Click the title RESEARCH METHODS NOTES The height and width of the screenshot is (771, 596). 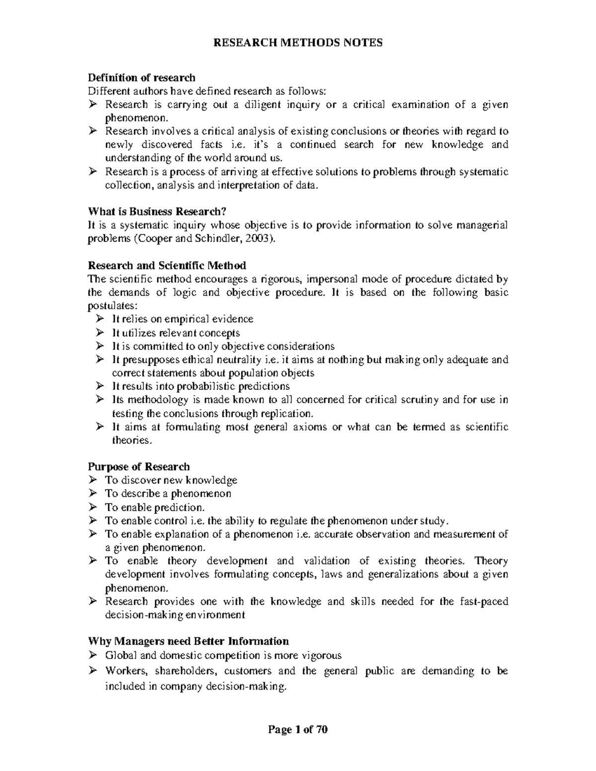click(298, 43)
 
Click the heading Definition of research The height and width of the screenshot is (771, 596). click(142, 77)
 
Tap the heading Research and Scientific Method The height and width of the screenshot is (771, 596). click(167, 266)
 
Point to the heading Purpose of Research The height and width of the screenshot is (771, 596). click(139, 467)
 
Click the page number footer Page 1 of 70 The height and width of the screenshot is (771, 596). click(298, 730)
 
